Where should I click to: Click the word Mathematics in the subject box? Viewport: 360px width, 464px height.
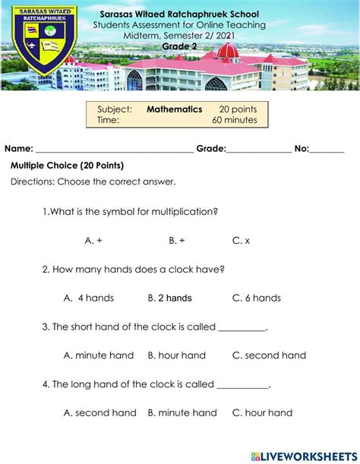[x=174, y=109]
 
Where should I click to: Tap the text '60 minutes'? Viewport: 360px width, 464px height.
[x=235, y=120]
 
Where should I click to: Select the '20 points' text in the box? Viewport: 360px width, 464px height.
[x=238, y=109]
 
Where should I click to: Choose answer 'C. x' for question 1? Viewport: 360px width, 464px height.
[x=241, y=240]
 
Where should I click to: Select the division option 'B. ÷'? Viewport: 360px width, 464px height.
[x=177, y=240]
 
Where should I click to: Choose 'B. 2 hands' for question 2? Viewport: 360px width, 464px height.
[x=169, y=298]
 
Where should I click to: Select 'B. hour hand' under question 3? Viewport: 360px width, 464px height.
[x=176, y=355]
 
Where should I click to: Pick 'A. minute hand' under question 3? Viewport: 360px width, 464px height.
[x=99, y=355]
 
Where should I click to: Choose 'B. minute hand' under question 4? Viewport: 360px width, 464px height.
[x=182, y=413]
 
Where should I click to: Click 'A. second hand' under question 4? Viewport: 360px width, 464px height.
[x=100, y=413]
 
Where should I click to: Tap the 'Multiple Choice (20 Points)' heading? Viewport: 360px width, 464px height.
[x=67, y=166]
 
